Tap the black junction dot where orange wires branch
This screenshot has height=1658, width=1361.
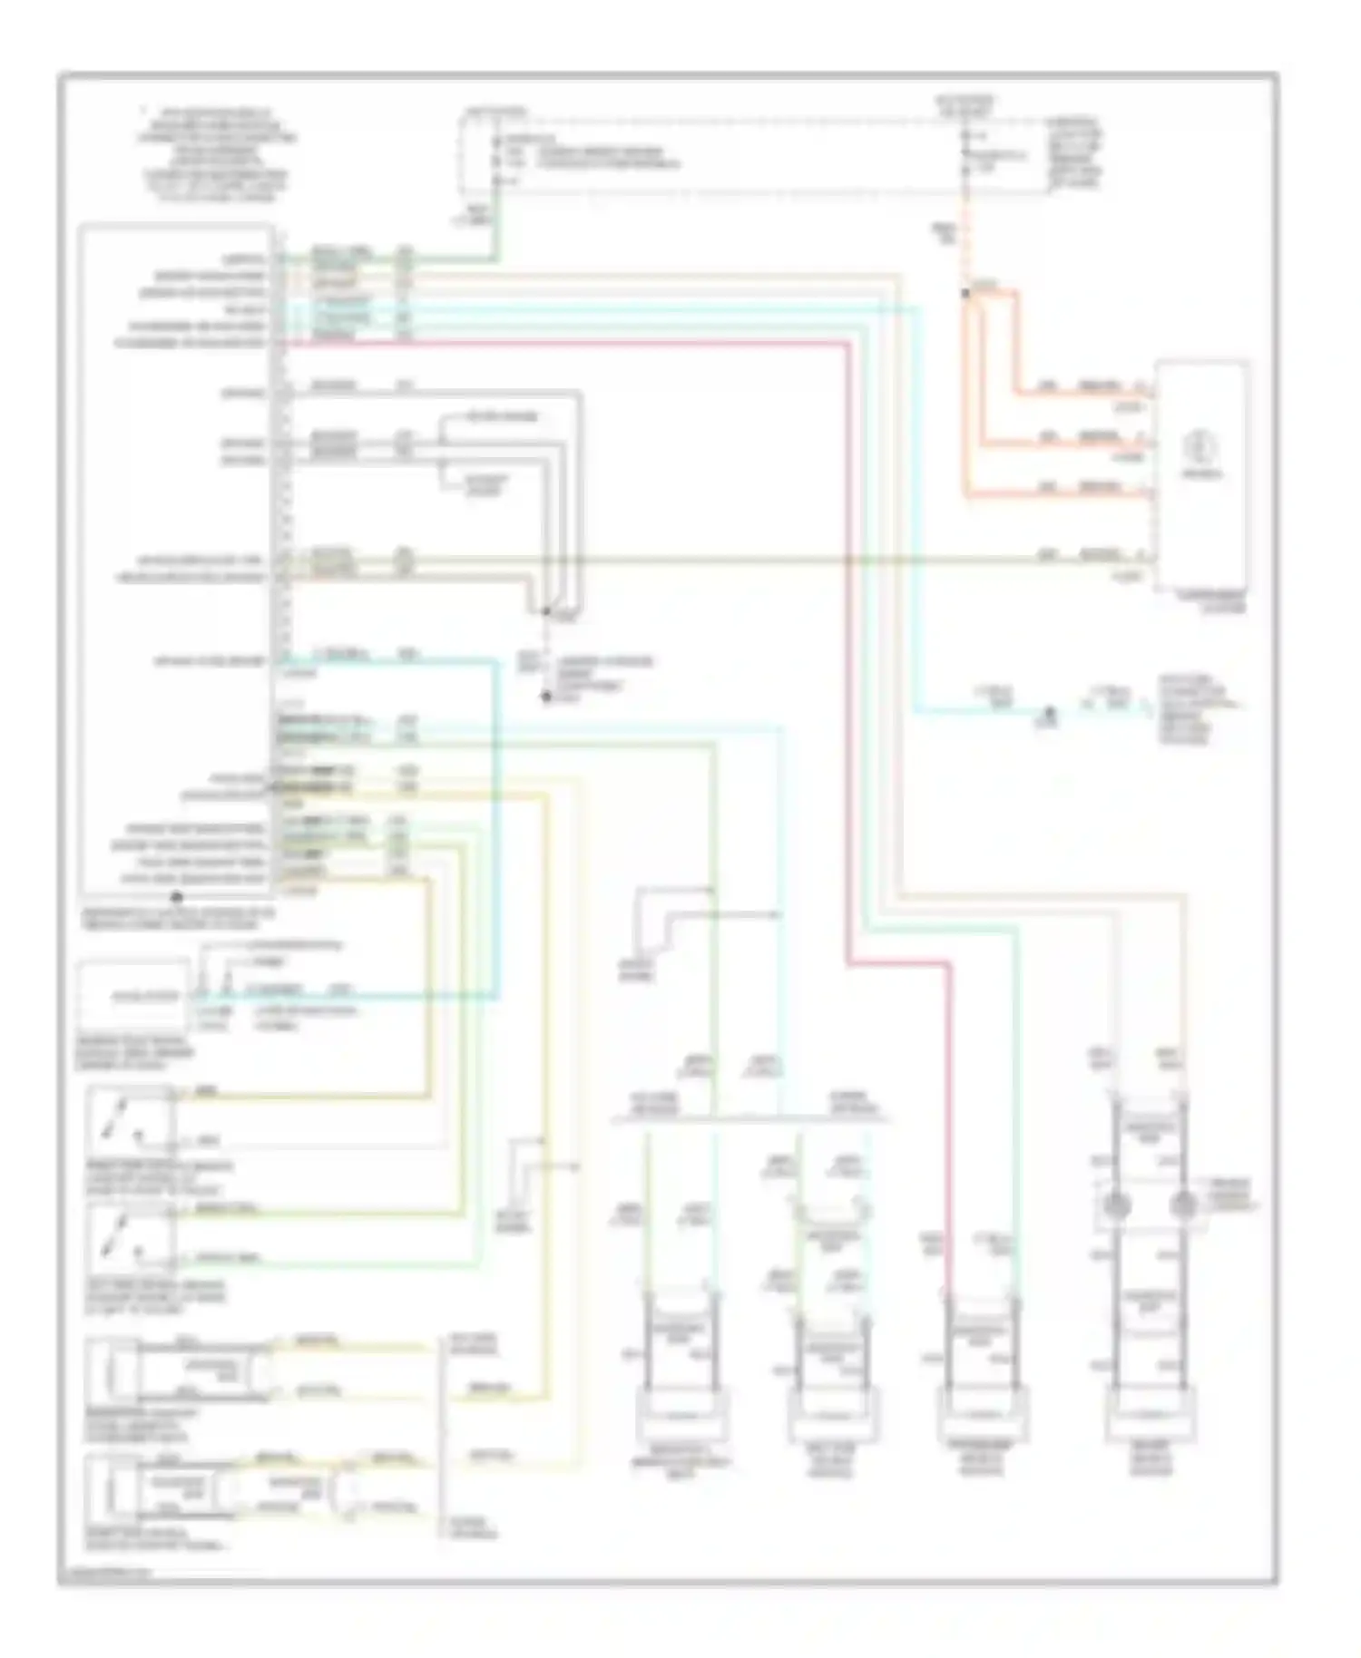click(965, 293)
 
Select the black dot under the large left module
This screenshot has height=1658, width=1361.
click(177, 897)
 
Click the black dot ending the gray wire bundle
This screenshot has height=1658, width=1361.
click(546, 697)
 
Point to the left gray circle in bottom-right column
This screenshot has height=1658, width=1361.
click(1116, 1205)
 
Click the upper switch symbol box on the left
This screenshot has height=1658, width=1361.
click(130, 1120)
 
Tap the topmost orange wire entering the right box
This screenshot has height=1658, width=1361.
click(1080, 393)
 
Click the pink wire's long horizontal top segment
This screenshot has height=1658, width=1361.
click(563, 344)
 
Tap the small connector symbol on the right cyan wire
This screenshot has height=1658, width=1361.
click(1048, 717)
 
